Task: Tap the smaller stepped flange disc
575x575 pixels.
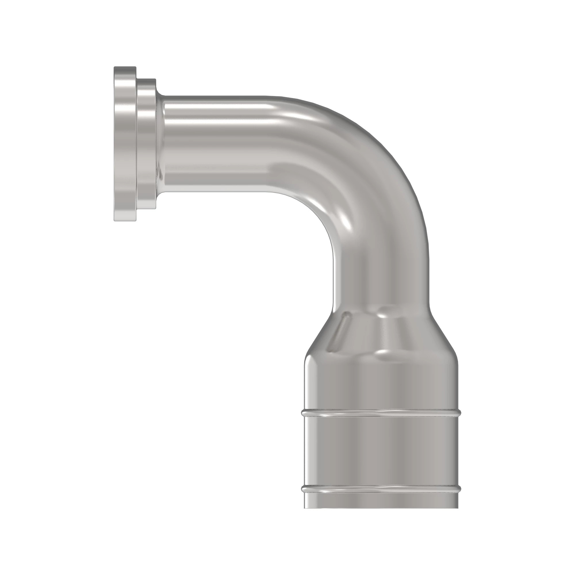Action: coord(146,144)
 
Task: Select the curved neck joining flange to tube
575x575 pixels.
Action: coord(161,144)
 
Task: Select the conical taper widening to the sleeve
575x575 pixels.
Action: coord(381,333)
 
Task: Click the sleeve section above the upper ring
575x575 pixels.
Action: coord(381,384)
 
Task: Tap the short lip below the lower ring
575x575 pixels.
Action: coord(381,499)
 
